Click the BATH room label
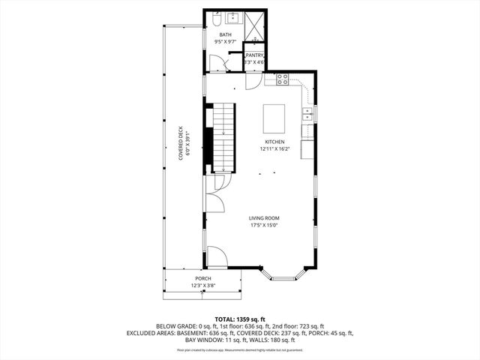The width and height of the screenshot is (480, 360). tap(225, 34)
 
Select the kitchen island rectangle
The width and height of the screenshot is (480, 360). tap(274, 118)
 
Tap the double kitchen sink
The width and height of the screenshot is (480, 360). tap(307, 114)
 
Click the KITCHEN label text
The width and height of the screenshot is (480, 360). tap(274, 142)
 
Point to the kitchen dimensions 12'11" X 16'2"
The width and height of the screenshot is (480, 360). tap(274, 148)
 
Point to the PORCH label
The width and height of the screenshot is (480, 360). tap(203, 278)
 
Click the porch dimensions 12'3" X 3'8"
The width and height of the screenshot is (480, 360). tap(203, 285)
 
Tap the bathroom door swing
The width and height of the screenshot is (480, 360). tap(217, 62)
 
